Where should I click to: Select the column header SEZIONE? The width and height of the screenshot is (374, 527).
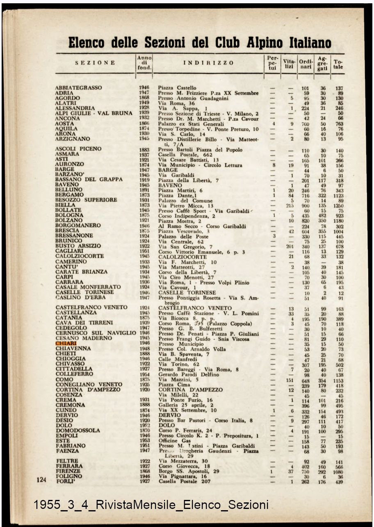[x=95, y=63]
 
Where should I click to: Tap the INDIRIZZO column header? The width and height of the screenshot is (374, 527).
[x=208, y=63]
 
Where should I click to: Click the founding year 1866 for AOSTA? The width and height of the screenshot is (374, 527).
[x=144, y=124]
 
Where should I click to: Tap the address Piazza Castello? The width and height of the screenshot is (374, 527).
[x=177, y=88]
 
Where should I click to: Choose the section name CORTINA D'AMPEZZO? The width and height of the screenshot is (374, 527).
[x=89, y=390]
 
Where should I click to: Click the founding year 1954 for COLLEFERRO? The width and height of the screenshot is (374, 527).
[x=144, y=375]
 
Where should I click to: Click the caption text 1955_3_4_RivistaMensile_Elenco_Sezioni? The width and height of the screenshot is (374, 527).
[x=151, y=504]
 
